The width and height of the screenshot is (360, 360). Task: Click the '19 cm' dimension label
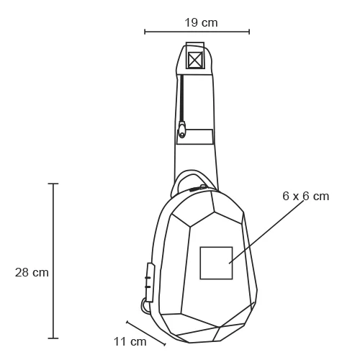point(201,22)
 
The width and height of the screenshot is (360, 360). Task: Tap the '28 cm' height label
point(32,272)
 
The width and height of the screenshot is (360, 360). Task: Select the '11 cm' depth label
point(130,341)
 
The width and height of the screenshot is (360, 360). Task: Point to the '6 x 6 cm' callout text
point(305,196)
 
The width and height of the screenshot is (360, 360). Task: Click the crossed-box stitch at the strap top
point(194,59)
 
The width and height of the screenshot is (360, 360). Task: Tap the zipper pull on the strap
point(182,130)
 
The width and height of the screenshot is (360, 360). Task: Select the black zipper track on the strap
point(182,97)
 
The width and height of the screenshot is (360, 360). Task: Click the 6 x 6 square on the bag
point(216,262)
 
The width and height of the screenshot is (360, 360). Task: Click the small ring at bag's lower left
point(147,306)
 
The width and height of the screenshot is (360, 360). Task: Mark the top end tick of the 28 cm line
point(53,184)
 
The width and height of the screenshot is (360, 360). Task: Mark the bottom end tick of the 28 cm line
point(53,338)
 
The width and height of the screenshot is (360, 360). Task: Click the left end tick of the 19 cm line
point(145,32)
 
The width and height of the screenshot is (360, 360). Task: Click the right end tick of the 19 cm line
point(249,32)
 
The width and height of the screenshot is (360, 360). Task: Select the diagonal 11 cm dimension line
point(146,333)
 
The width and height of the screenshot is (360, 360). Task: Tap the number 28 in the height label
point(22,272)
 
